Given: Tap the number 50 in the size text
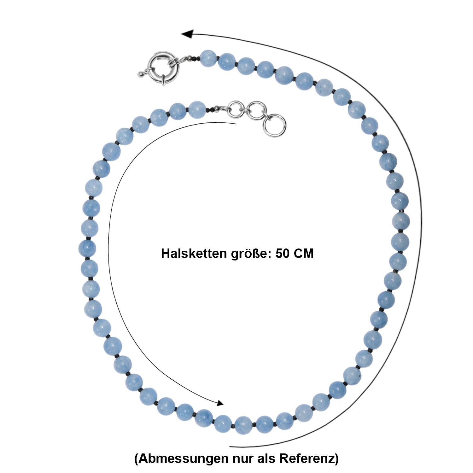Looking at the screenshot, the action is (x=283, y=253).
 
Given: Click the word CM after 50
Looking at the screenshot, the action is (x=304, y=253).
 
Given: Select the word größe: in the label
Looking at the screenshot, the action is (x=251, y=254).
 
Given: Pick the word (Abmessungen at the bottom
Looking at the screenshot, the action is (x=181, y=458).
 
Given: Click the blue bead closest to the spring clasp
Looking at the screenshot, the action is (x=208, y=58).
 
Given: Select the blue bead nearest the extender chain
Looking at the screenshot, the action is (x=197, y=110).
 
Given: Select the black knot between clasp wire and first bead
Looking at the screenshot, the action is (x=196, y=58).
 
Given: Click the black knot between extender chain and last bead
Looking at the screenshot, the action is (x=211, y=109).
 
